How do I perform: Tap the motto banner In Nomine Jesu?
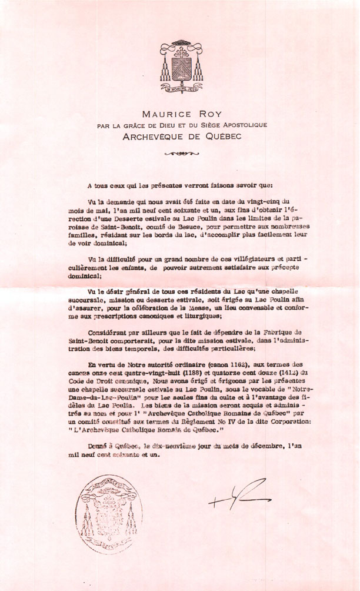[180, 89]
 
